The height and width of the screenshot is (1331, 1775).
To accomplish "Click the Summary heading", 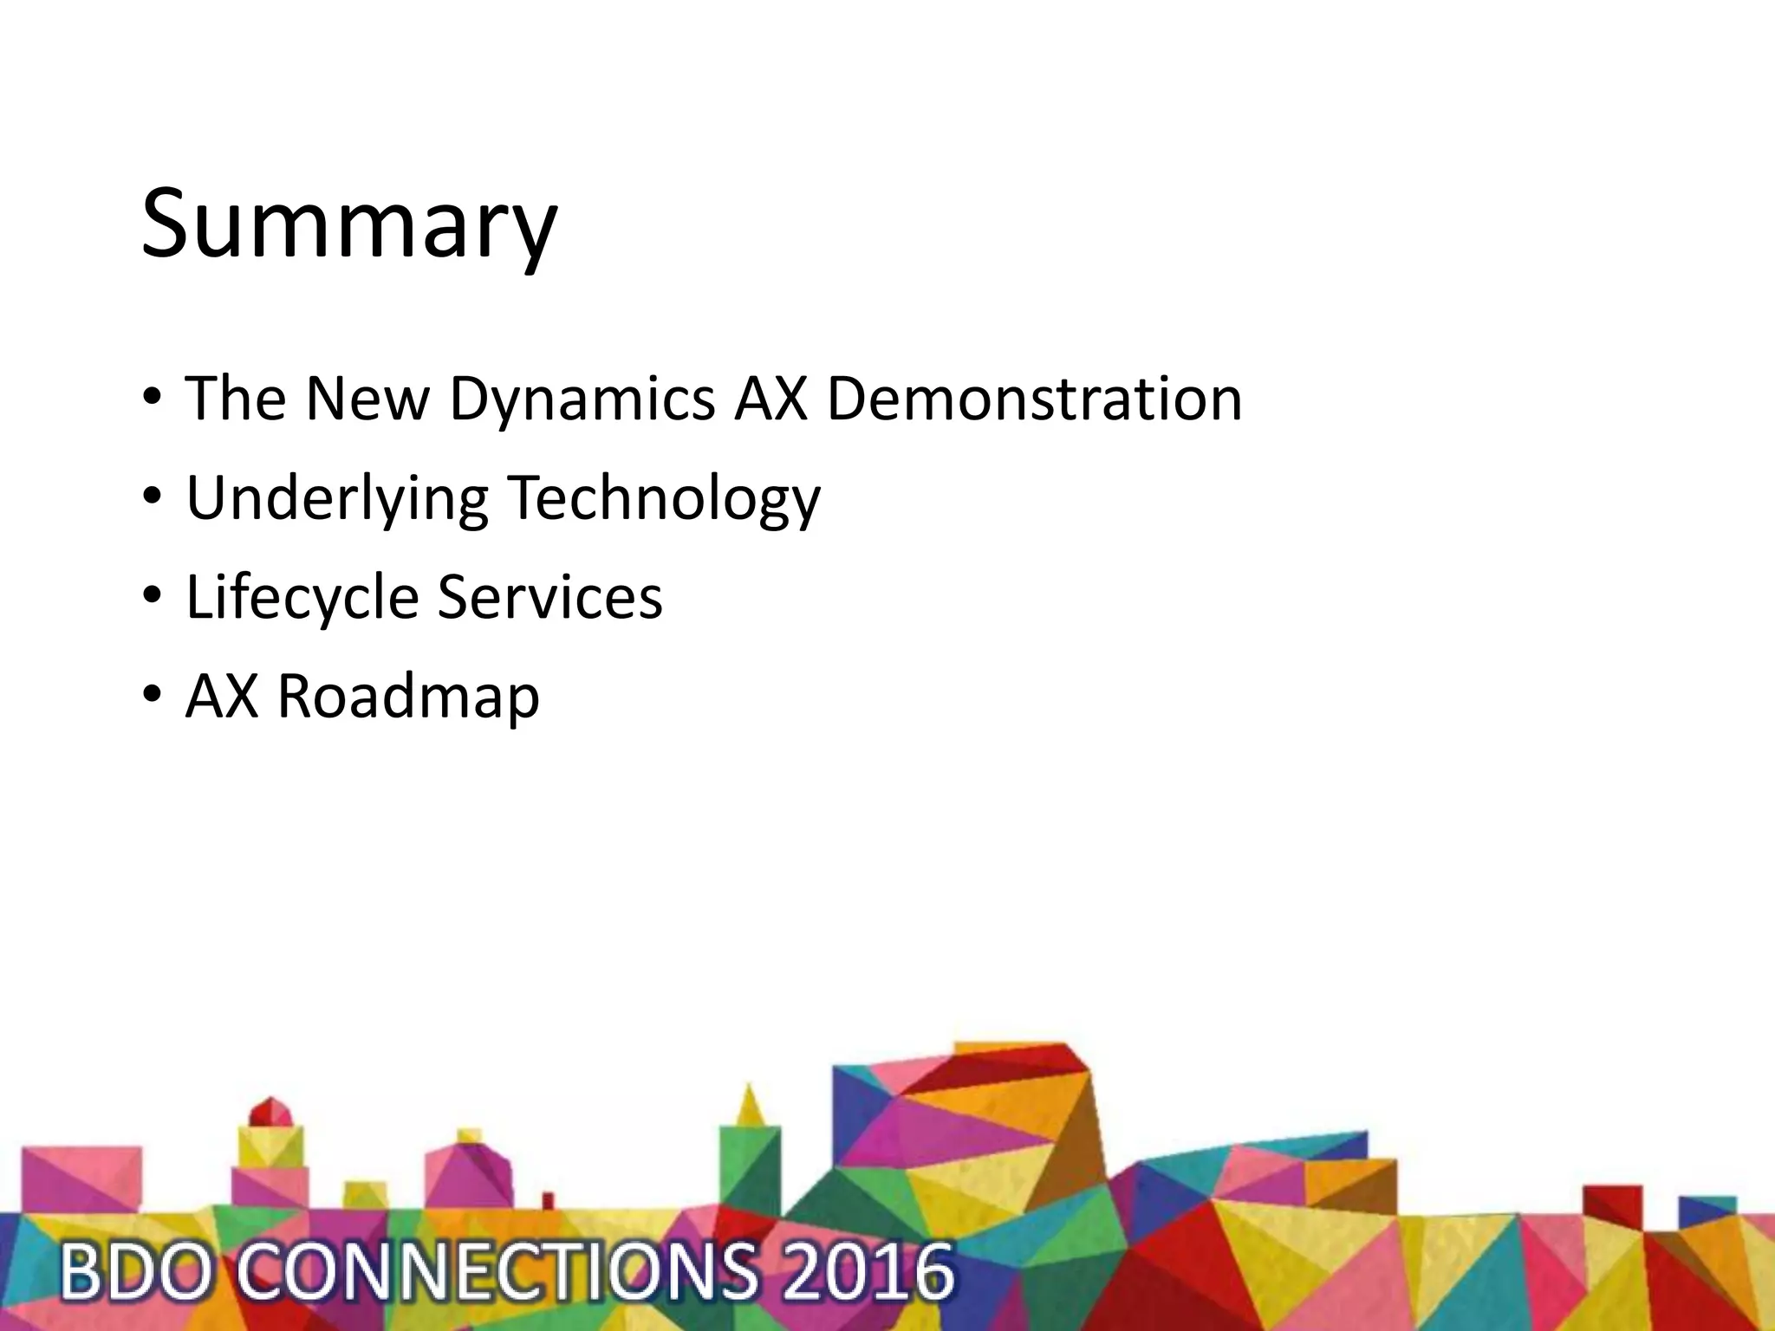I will (x=348, y=224).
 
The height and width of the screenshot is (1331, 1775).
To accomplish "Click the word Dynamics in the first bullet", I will (x=582, y=399).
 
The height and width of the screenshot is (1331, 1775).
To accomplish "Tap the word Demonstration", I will (x=1034, y=399).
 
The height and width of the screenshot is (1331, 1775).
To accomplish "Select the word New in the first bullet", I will (x=367, y=399).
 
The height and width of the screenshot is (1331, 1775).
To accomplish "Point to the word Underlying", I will (x=337, y=499).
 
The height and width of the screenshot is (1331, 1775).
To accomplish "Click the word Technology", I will (x=663, y=499).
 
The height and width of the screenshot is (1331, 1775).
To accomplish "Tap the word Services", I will (x=549, y=596).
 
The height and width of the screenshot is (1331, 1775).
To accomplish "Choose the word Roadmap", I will (x=408, y=696).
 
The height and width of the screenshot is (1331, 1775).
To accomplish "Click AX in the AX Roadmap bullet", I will (x=222, y=696).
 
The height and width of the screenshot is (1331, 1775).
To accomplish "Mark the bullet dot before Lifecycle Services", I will (x=153, y=596).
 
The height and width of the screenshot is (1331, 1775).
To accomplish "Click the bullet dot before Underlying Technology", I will (x=153, y=497).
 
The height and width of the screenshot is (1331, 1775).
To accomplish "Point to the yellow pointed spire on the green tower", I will (x=750, y=1105).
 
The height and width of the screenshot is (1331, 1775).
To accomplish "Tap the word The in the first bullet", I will (x=236, y=399).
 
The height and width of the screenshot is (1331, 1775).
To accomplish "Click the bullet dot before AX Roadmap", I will (x=153, y=695).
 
